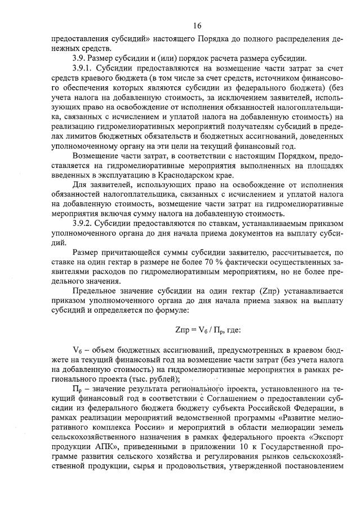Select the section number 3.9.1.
(85, 68)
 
